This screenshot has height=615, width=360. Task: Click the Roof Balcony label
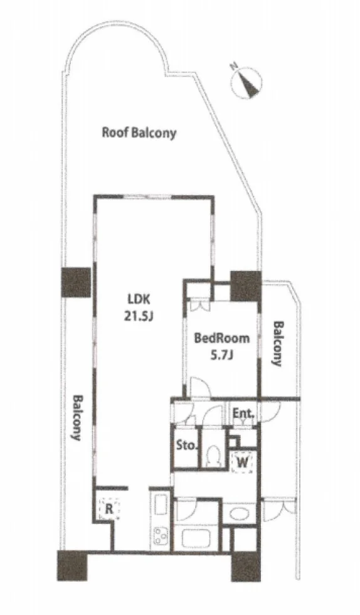[x=139, y=132]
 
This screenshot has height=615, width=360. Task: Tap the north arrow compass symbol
[x=246, y=82]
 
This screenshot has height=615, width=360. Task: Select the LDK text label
[x=139, y=300]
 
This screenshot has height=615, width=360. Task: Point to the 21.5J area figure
[x=139, y=316]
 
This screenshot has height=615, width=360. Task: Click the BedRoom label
[x=222, y=338]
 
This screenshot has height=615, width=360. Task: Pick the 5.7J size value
[x=222, y=355]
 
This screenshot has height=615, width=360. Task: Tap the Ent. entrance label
[x=244, y=414]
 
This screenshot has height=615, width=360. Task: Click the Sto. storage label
[x=186, y=446]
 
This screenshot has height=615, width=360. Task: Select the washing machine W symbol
[x=242, y=463]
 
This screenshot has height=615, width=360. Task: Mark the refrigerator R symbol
[x=109, y=509]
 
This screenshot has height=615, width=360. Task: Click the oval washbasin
[x=239, y=513]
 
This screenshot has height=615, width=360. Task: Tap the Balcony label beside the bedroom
[x=278, y=344]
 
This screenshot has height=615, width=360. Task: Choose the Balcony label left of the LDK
[x=76, y=417]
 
